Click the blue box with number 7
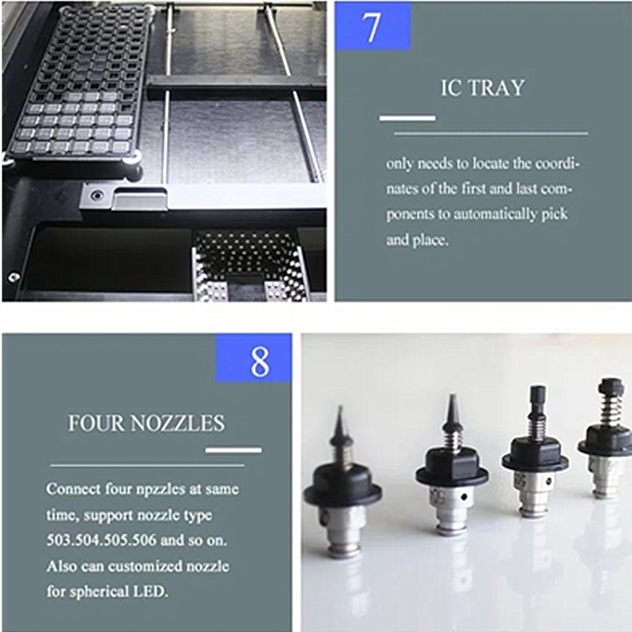point(373,26)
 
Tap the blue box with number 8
point(254,358)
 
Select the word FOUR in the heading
point(96,423)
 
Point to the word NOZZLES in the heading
point(178,423)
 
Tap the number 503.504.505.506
point(101,540)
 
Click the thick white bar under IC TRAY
point(407,118)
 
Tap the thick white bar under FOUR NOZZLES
point(233,450)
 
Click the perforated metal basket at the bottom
point(249,266)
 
